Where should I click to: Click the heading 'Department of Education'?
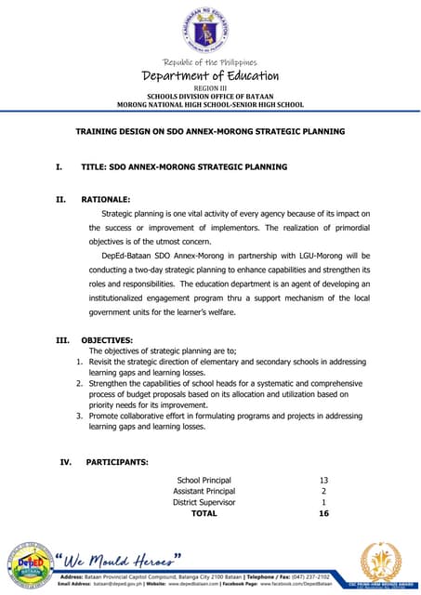tap(210, 76)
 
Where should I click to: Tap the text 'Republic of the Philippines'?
tap(210, 62)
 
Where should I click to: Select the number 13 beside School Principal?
tap(323, 481)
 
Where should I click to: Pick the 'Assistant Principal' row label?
tap(204, 491)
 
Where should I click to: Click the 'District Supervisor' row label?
tap(204, 502)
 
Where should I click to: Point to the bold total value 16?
tap(323, 513)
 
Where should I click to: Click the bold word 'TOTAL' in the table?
tap(204, 513)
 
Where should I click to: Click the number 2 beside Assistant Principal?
tap(323, 491)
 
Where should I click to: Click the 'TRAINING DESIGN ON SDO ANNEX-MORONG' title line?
tap(210, 132)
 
